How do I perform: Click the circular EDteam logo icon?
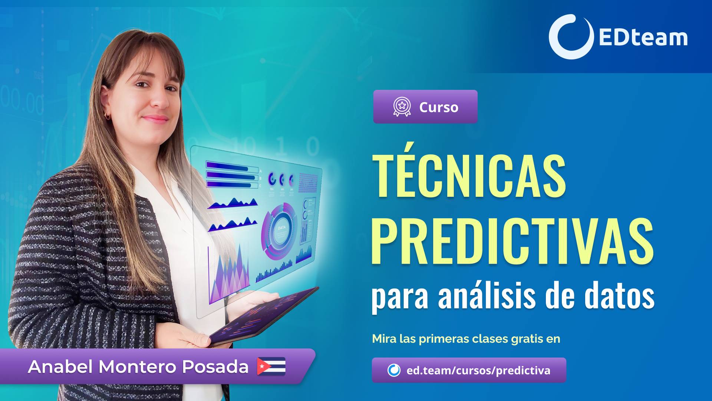(569, 37)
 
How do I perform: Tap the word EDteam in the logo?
(643, 38)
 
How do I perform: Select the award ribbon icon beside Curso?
(402, 107)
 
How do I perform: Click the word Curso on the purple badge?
(439, 107)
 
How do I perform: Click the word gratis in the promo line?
(527, 339)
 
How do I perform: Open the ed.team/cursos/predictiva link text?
(478, 370)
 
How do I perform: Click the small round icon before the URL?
(394, 370)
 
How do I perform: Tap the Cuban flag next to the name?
(271, 366)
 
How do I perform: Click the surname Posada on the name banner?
(215, 367)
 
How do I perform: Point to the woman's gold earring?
(108, 116)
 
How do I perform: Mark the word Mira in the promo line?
(384, 339)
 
